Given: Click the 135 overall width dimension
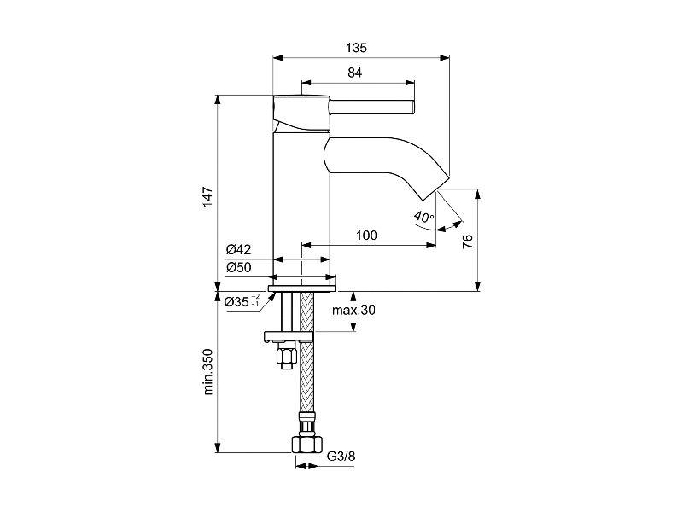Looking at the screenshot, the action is coord(356,48).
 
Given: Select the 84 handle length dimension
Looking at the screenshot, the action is coord(355,73).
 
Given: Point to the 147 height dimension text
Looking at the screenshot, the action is coord(208,196).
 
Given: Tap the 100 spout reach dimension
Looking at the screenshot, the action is coord(366,236).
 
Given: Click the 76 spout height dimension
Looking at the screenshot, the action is coord(467,241).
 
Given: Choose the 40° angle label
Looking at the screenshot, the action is coord(423,217).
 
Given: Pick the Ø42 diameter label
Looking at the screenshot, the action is coord(239,249).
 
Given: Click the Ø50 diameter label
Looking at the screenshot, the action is coord(239,267).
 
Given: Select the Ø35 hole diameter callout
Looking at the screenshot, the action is coord(242,301).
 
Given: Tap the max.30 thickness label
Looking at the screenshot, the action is coord(353,310).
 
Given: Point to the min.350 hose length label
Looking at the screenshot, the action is coord(208,372).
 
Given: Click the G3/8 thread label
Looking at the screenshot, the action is coord(341,456).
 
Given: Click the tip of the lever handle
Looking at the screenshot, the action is coord(413,108).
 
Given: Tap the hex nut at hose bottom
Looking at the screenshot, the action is coord(307,445).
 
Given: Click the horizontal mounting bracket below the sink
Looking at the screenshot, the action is coord(289,336).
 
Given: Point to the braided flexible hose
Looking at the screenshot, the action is coord(307,352).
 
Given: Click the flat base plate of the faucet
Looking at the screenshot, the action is coord(302,288).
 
